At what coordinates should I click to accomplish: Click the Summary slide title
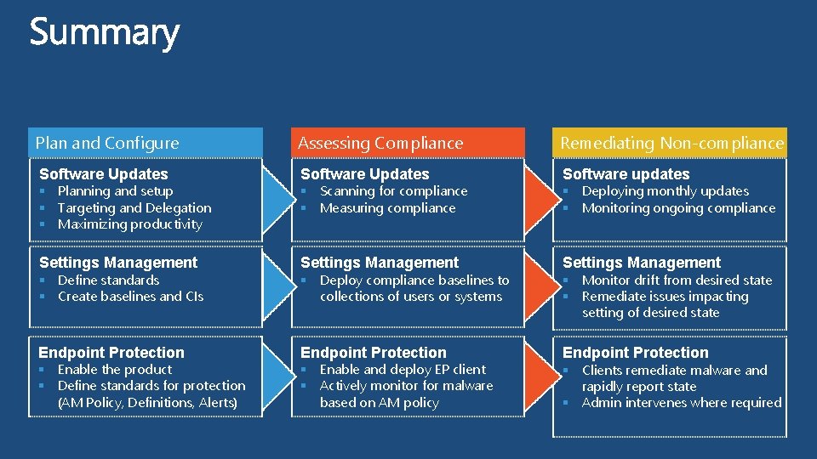point(105,33)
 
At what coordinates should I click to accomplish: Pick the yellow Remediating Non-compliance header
point(671,143)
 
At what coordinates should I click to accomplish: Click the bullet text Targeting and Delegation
point(134,207)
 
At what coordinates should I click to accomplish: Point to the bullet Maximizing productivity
point(129,224)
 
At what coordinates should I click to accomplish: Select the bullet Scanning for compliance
point(393,191)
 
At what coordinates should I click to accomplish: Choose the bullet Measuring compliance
point(387,207)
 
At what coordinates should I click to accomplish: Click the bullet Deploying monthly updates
point(665,191)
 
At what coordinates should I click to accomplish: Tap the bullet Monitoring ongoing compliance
point(678,207)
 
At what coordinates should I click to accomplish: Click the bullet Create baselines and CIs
point(130,296)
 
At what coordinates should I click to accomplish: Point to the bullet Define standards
point(108,280)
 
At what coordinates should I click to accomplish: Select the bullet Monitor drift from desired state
point(677,280)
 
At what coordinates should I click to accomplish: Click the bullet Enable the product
point(114,369)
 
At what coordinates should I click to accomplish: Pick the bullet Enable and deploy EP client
point(403,369)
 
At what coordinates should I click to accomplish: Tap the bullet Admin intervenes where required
point(681,402)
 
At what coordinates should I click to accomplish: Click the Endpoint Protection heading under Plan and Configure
point(111,352)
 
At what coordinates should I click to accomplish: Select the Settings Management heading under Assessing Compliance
point(380,263)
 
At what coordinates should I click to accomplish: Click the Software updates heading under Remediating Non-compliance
point(626,173)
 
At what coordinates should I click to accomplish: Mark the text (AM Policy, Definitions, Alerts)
point(147,402)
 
